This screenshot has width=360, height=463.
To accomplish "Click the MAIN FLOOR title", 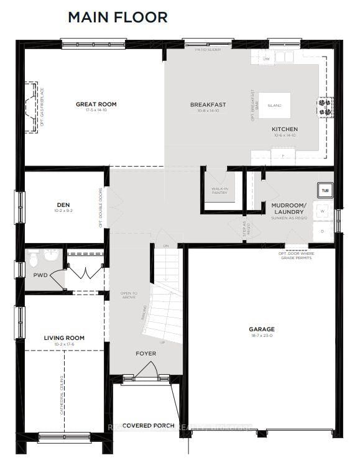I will [118, 17].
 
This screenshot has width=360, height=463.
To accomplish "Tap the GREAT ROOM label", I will [96, 104].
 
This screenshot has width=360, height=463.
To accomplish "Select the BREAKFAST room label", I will [208, 104].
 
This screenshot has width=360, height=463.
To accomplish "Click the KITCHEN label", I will [284, 129].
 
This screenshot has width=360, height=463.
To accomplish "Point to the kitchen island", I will [274, 106].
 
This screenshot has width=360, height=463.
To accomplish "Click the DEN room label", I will [63, 204].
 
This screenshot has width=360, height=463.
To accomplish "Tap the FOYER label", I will [146, 353].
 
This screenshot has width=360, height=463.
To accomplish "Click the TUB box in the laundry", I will [325, 190].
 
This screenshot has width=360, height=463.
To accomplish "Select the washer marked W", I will [323, 211].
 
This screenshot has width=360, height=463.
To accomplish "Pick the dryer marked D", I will [323, 231].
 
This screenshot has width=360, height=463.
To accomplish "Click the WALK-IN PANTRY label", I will [219, 190].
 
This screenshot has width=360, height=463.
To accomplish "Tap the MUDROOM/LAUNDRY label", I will [288, 208].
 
